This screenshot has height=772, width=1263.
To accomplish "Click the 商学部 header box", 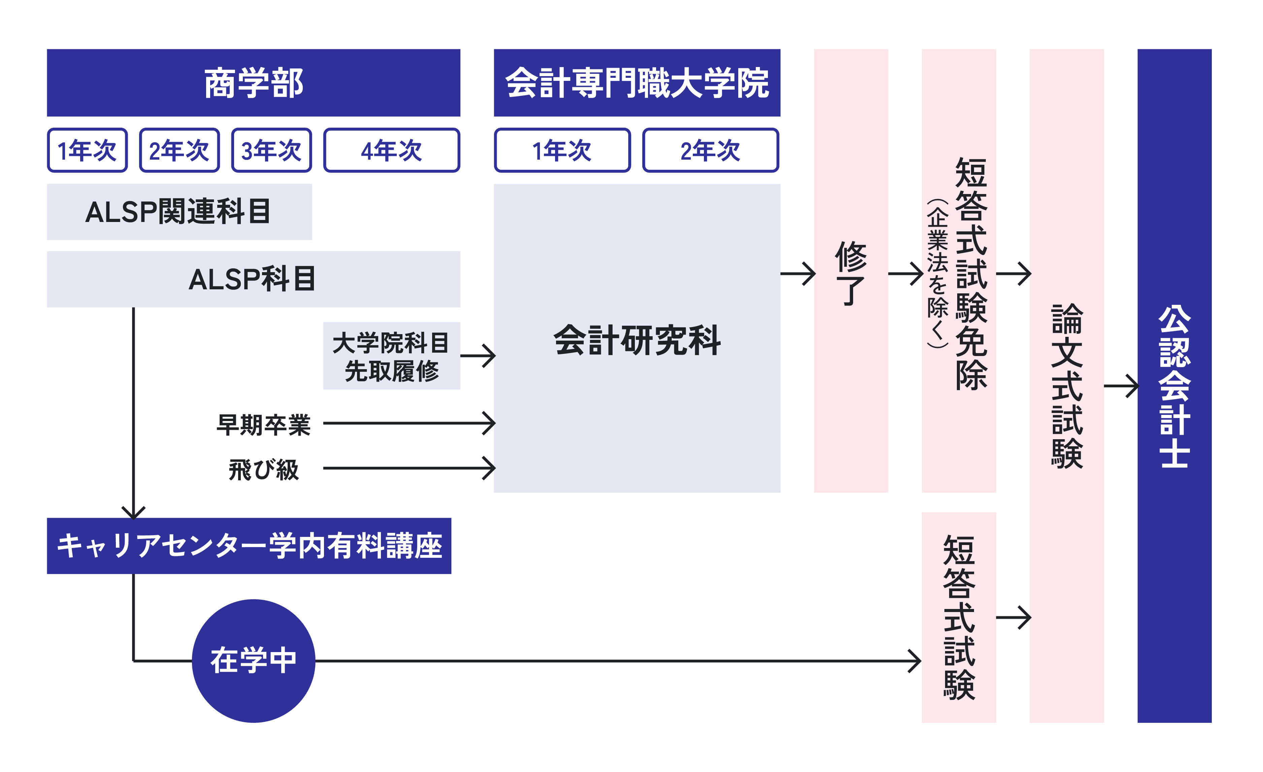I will coord(253,83).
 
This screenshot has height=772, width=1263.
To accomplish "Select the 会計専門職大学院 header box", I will coord(637,83).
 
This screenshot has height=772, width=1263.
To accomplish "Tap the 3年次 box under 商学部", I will coord(271,150).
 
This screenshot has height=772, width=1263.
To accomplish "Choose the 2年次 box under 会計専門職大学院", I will coord(710,150).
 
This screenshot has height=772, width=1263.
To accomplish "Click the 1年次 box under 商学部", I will coord(87,150).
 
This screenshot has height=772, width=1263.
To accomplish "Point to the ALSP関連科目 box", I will coord(179,212).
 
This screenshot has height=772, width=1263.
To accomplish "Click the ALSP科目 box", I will coord(253,279).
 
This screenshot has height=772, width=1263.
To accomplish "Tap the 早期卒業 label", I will coord(263,424).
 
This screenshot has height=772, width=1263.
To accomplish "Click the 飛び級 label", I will coord(263,469).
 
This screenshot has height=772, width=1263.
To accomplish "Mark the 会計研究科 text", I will coord(637,340).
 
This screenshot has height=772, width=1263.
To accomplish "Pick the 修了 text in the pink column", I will coord(850,273).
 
